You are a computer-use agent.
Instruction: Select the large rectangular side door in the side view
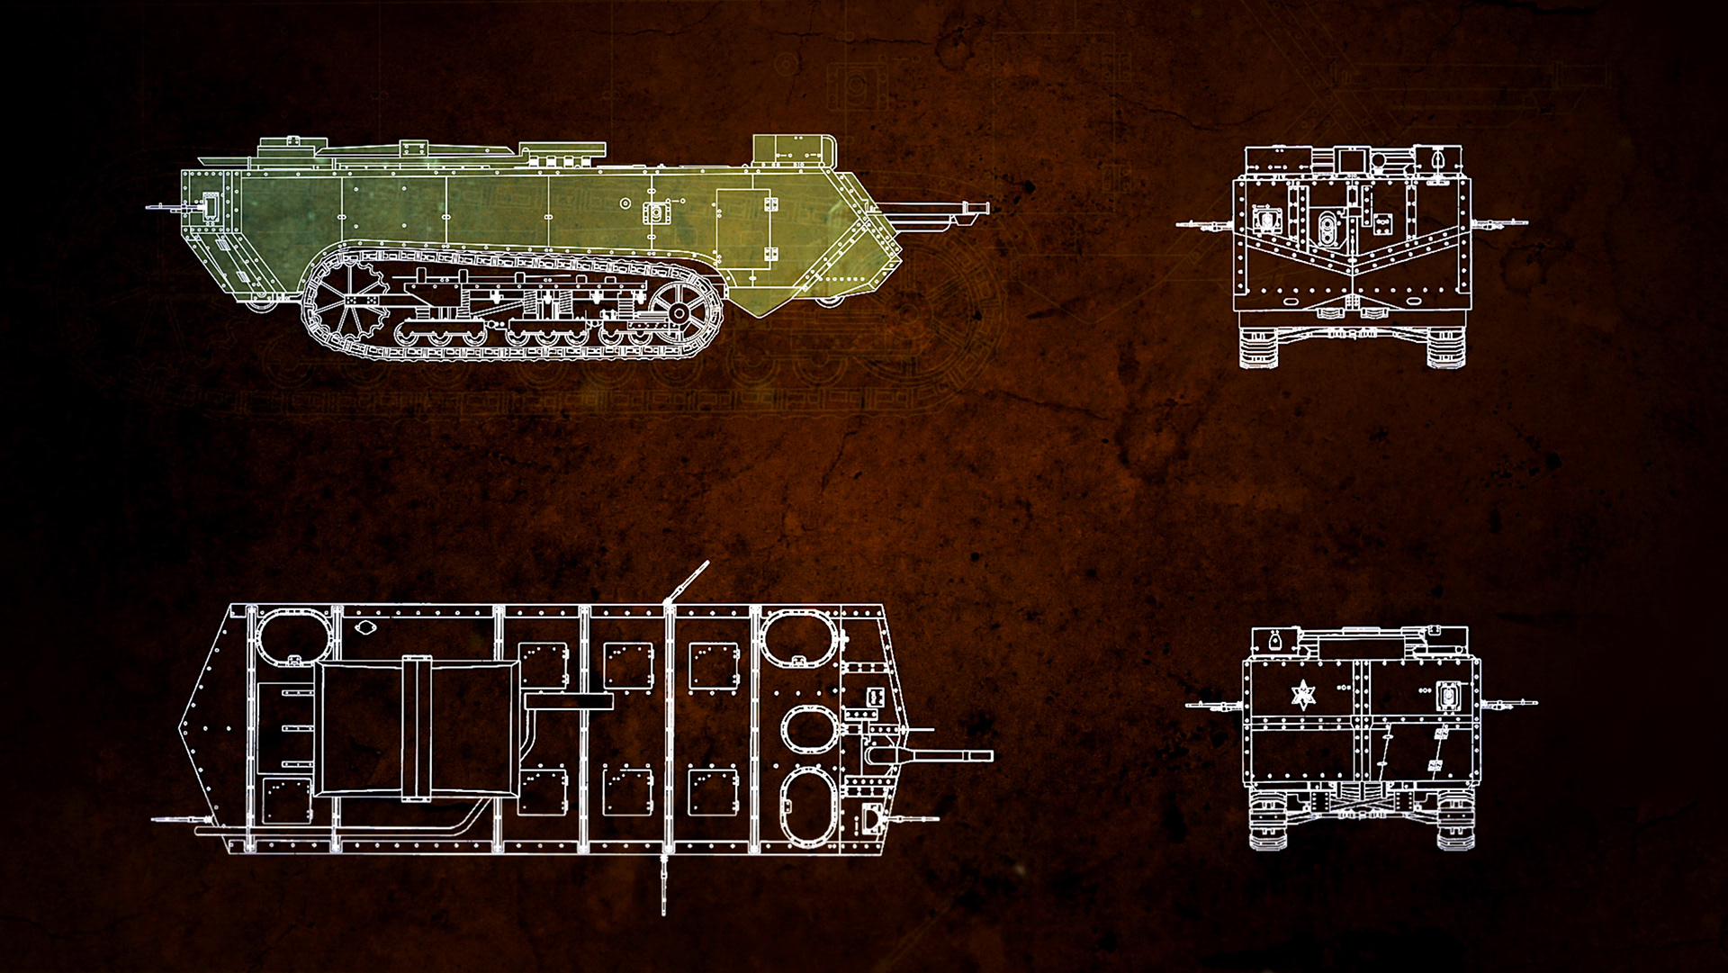coord(745,228)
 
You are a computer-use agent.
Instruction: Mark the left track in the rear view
coord(1268,824)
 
